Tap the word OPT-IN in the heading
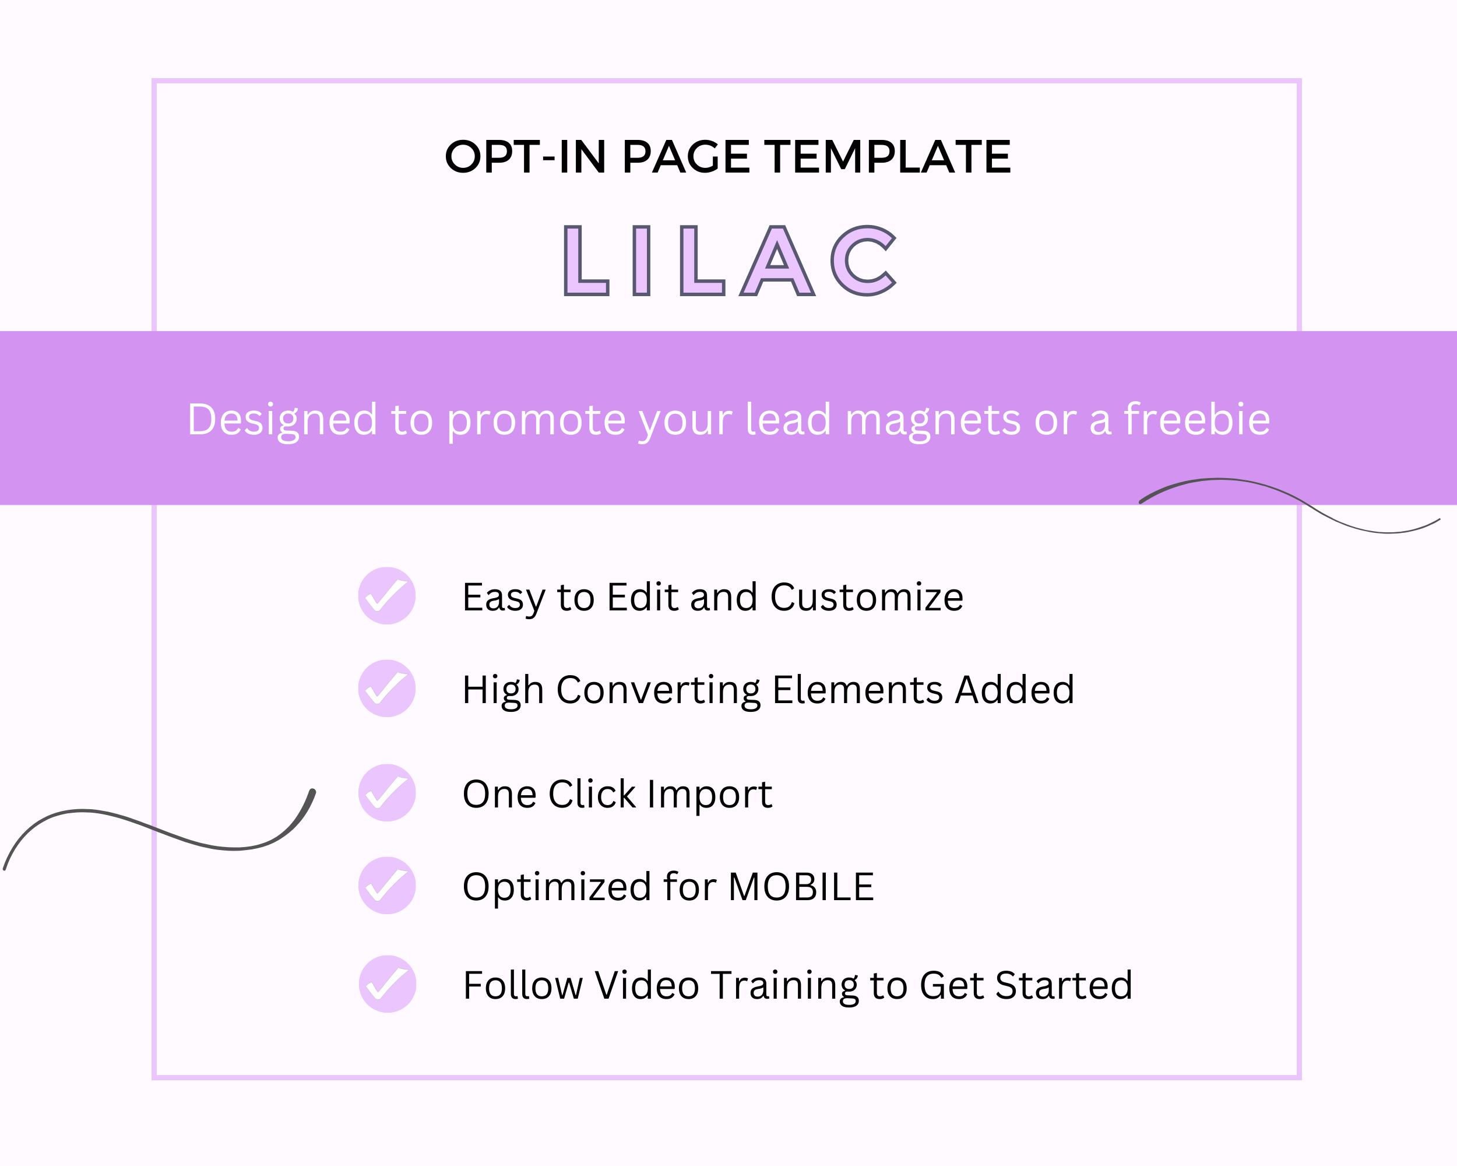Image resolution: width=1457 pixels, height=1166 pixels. tap(525, 157)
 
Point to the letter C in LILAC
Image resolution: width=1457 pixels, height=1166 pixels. tap(863, 261)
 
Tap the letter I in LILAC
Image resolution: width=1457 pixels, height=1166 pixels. tap(641, 261)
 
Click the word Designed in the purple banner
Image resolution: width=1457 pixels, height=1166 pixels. tap(282, 420)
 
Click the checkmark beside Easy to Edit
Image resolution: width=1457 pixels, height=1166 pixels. tap(386, 595)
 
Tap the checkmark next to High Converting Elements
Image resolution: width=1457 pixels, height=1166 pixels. tap(386, 688)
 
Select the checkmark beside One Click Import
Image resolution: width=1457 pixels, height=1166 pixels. tap(386, 793)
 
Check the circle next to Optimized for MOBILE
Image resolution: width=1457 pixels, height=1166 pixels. tap(386, 886)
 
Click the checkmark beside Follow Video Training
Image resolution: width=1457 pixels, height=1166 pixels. tap(387, 984)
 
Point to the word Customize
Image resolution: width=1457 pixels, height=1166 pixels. tap(867, 598)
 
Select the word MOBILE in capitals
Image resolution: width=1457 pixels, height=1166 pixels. tap(802, 887)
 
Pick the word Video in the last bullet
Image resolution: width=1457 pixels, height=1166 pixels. tap(647, 985)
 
